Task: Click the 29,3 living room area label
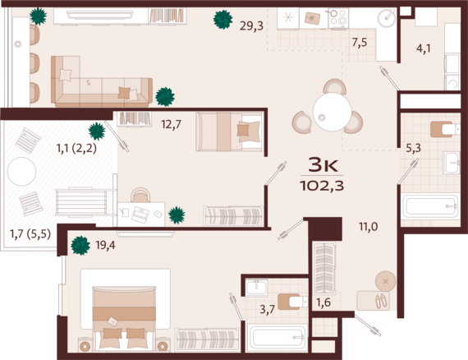pos(251,25)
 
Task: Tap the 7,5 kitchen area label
pos(359,43)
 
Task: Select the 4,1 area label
pos(423,48)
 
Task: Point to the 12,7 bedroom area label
pos(171,124)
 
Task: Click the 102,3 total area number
pos(323,185)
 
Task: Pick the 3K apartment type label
pos(323,163)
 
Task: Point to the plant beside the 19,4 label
pos(80,244)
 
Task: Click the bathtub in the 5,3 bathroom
pos(429,206)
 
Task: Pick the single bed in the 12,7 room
pos(230,132)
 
